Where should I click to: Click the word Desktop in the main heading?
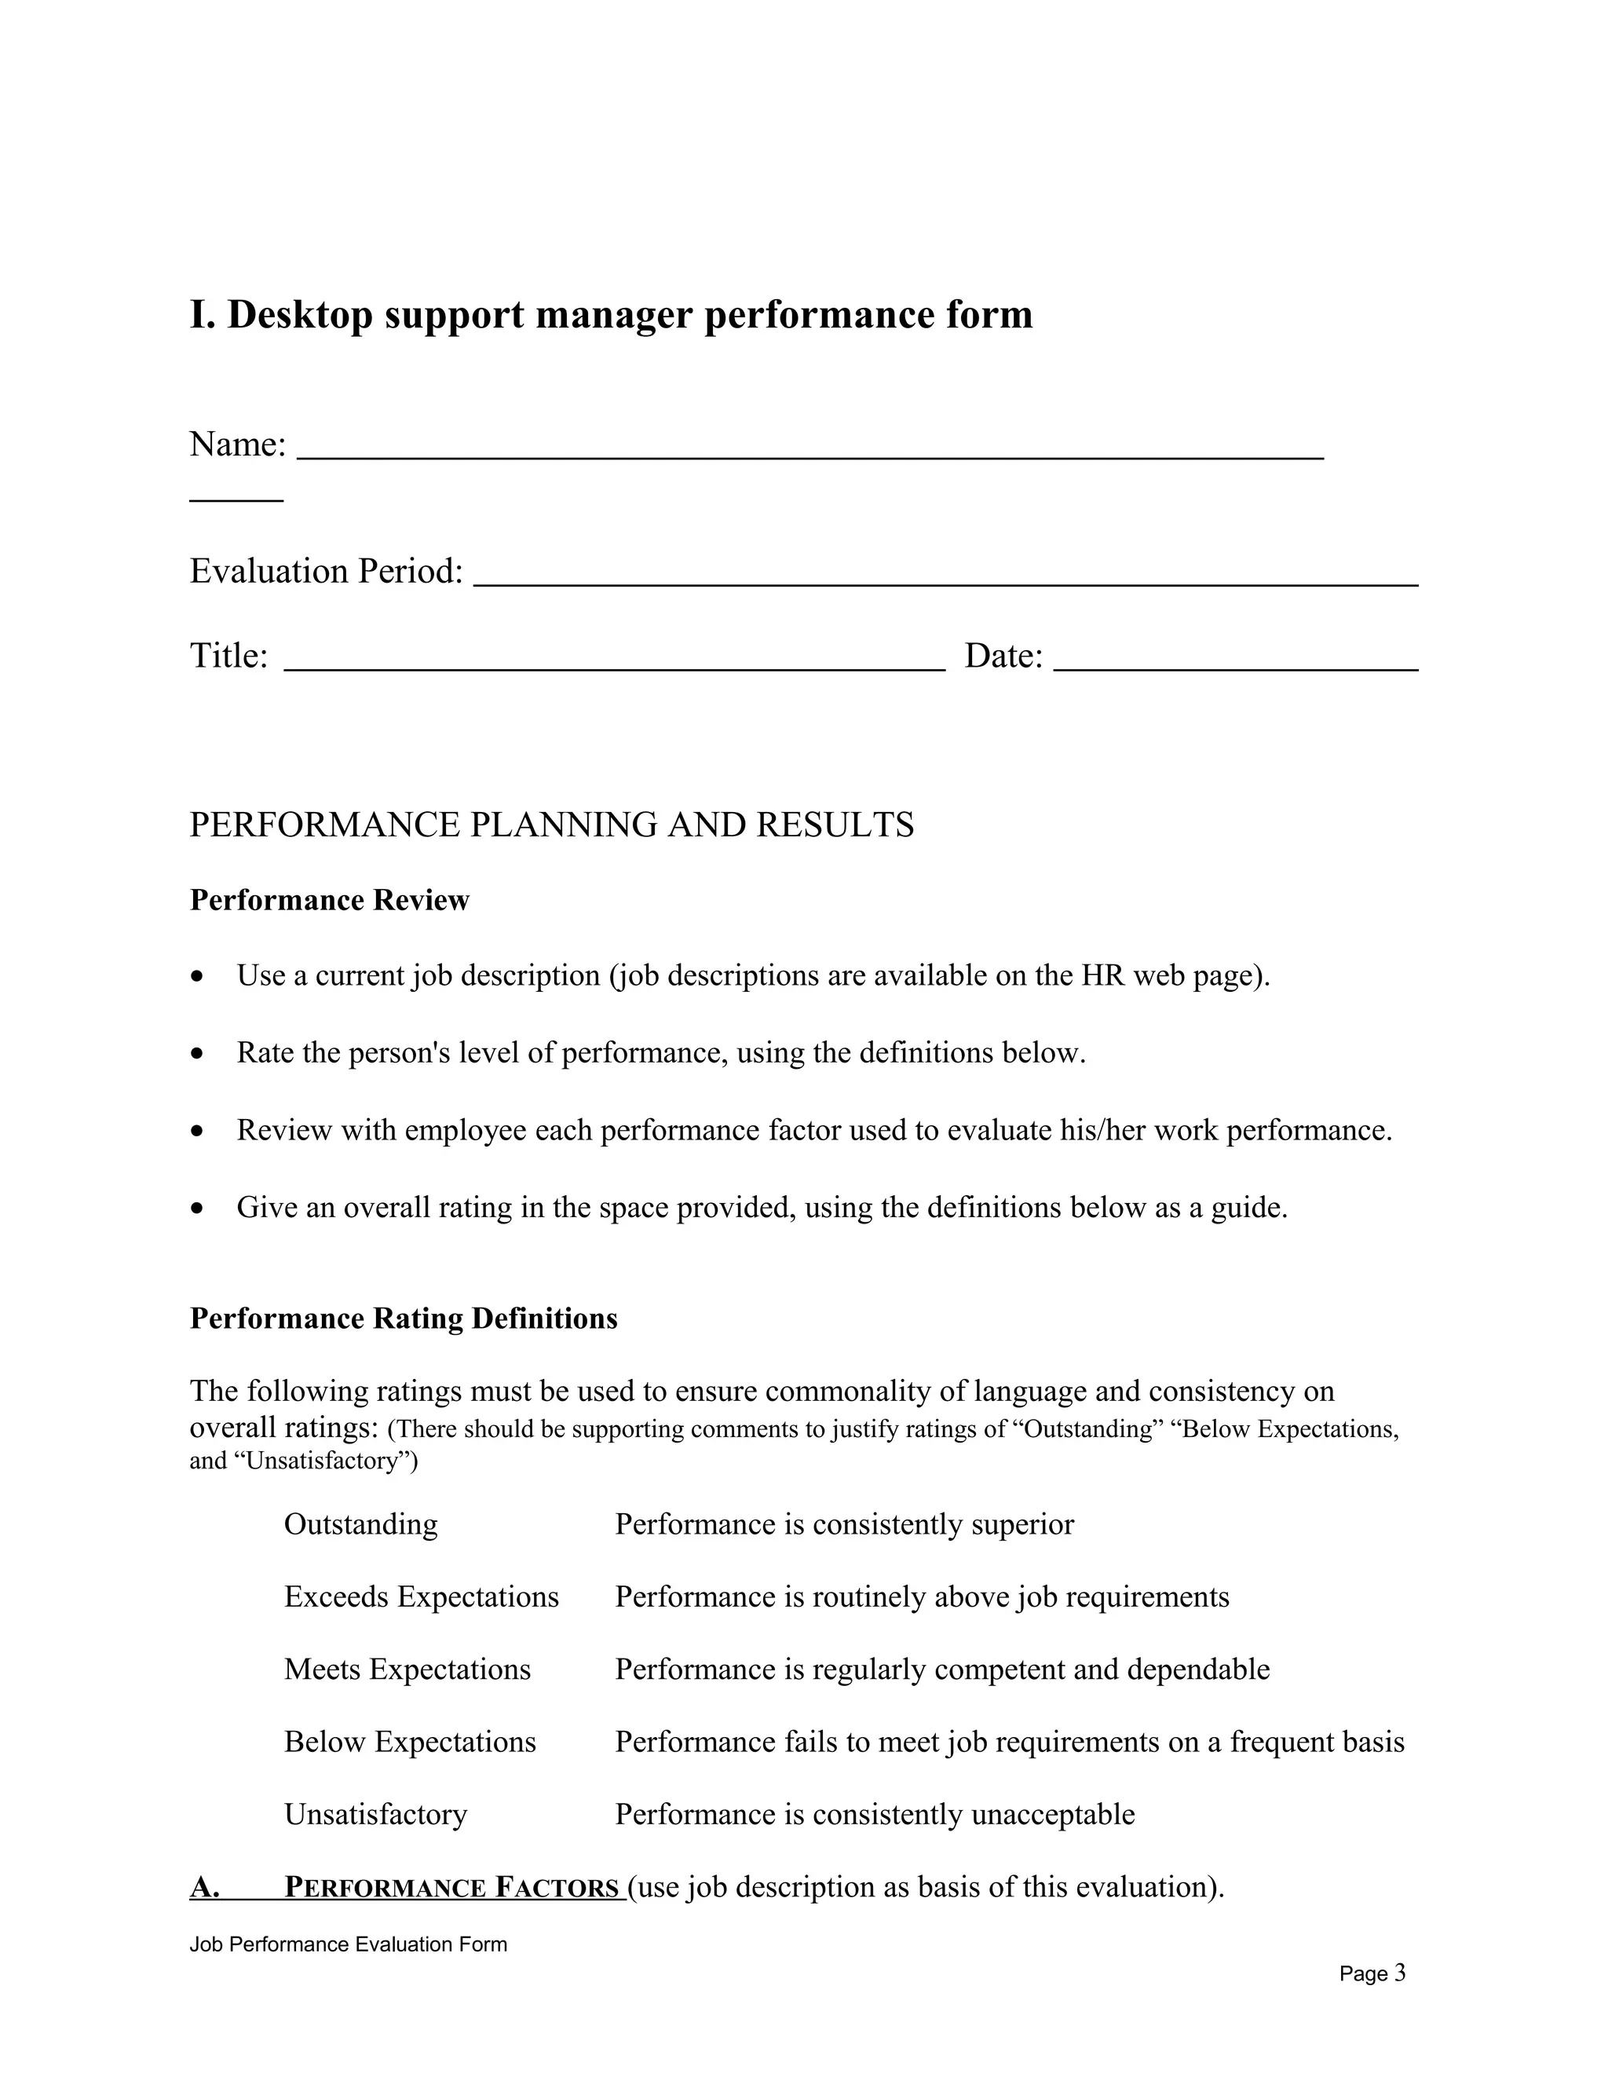point(299,316)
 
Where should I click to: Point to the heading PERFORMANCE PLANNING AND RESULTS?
point(551,825)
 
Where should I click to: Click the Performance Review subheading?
point(330,901)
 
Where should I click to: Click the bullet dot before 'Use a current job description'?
point(197,977)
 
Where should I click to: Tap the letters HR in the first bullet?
point(1103,975)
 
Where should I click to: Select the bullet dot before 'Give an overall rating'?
point(197,1209)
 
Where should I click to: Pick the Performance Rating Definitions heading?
point(404,1318)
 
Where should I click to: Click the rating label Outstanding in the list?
point(361,1524)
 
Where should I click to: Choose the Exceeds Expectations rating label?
point(421,1597)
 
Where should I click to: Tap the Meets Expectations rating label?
point(407,1670)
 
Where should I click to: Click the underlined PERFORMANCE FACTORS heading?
point(451,1888)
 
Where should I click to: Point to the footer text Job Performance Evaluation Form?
point(349,1944)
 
